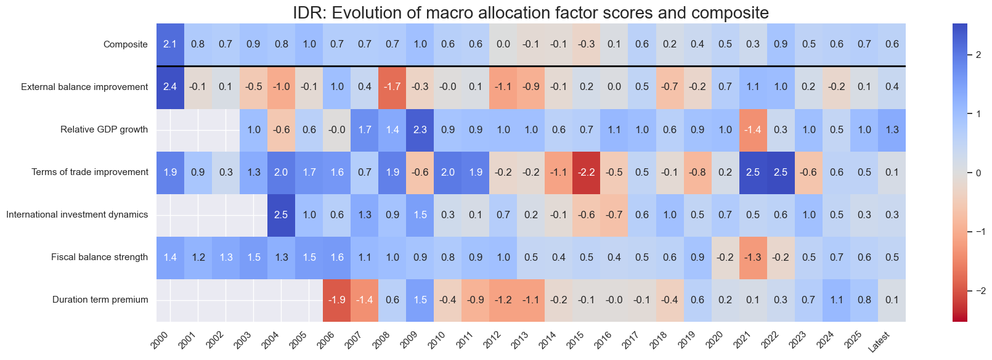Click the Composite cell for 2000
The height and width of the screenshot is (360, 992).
click(x=170, y=44)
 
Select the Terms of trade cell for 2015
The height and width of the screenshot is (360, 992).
click(x=587, y=172)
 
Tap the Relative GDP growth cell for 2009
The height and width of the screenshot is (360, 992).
click(x=420, y=129)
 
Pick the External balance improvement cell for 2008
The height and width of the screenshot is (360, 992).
click(x=392, y=87)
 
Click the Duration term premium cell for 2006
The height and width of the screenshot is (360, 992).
click(x=337, y=300)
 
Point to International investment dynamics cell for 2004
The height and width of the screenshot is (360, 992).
click(x=281, y=215)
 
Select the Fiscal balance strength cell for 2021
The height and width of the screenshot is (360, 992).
click(x=753, y=257)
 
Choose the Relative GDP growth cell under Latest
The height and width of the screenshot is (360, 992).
click(x=892, y=129)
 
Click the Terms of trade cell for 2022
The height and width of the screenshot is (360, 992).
click(x=781, y=172)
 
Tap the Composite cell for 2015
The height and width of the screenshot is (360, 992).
click(x=587, y=44)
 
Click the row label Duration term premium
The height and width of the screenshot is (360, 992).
click(x=100, y=300)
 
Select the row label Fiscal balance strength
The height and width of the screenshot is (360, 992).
click(x=99, y=257)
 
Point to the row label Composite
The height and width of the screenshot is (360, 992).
click(x=126, y=44)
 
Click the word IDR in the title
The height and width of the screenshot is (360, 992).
click(x=307, y=12)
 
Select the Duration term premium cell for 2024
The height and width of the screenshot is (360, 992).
click(x=836, y=300)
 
